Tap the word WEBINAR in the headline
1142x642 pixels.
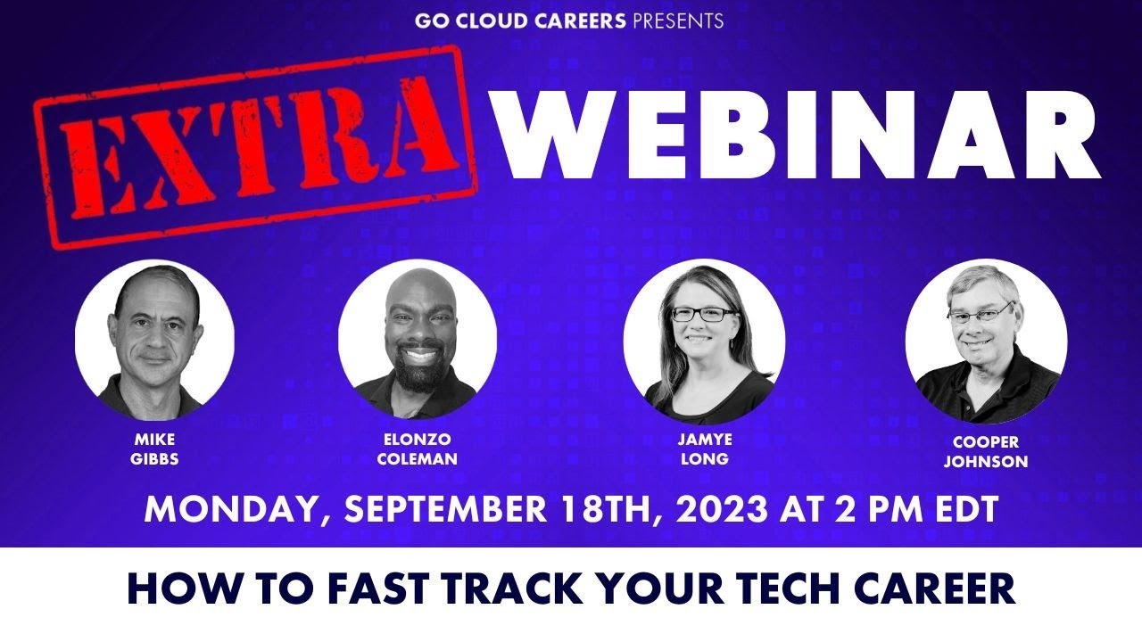pos(799,136)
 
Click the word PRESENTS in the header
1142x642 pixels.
pos(678,21)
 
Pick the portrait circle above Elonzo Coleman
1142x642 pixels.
pos(418,339)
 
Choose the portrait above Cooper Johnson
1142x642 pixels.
pos(986,342)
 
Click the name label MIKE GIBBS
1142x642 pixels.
pos(154,450)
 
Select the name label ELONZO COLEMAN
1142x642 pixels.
pos(418,450)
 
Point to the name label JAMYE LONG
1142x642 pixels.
pos(704,450)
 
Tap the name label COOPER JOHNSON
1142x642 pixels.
pos(986,452)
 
